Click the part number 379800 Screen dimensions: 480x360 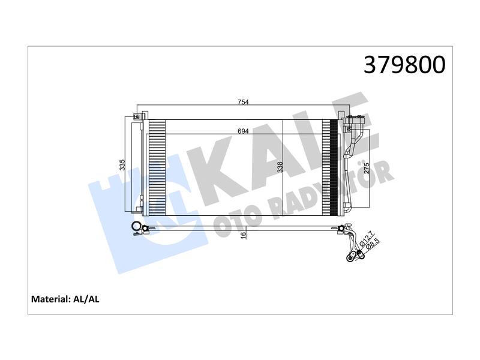pos(404,65)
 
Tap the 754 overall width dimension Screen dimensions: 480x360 pos(243,102)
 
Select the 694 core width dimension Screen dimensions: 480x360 pos(243,131)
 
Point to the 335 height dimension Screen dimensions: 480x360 pos(122,165)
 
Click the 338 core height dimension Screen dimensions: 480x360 pos(280,167)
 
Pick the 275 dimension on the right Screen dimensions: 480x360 pos(367,168)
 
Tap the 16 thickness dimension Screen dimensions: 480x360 pos(244,235)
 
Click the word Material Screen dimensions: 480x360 pos(51,299)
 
